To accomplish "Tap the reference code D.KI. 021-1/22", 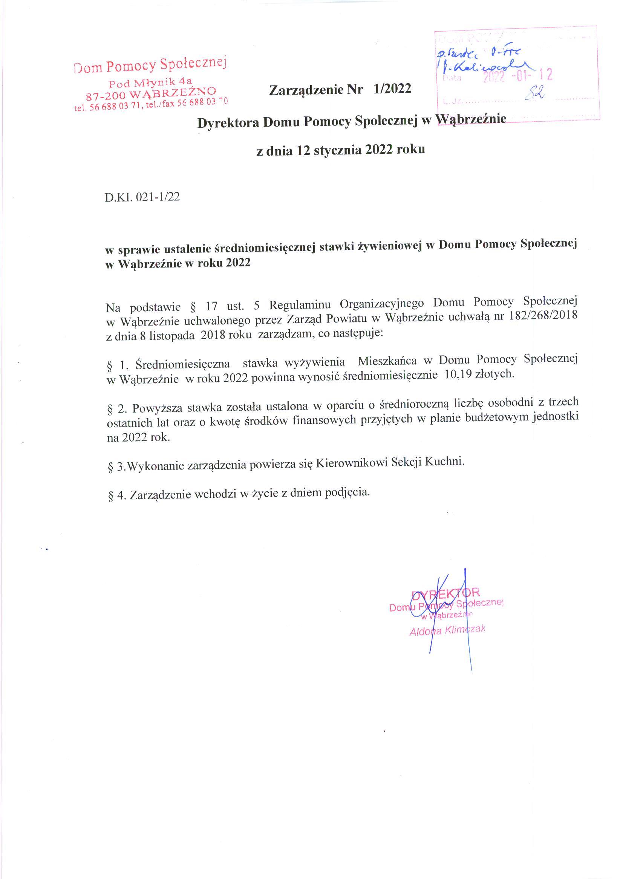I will tap(142, 197).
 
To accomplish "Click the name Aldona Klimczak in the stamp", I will tap(447, 630).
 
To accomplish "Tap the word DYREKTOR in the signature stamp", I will tap(445, 593).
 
